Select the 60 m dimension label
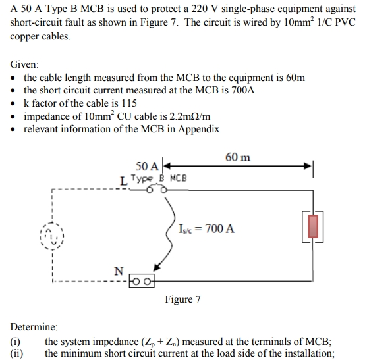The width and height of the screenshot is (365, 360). click(238, 157)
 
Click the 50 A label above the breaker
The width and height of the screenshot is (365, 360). click(146, 167)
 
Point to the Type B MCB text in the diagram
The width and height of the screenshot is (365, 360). click(158, 178)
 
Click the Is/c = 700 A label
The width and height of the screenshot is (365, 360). click(206, 229)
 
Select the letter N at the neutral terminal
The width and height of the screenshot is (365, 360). click(119, 270)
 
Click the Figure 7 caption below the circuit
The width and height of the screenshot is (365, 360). click(182, 299)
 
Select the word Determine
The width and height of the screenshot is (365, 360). click(34, 326)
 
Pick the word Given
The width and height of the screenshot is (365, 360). click(24, 65)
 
